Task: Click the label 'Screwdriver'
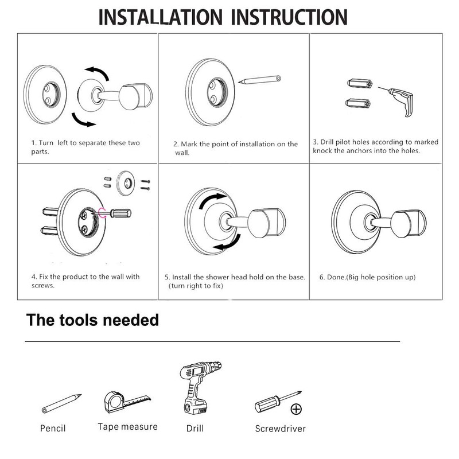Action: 280,429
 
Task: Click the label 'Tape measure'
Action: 127,427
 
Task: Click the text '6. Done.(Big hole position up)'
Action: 367,278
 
